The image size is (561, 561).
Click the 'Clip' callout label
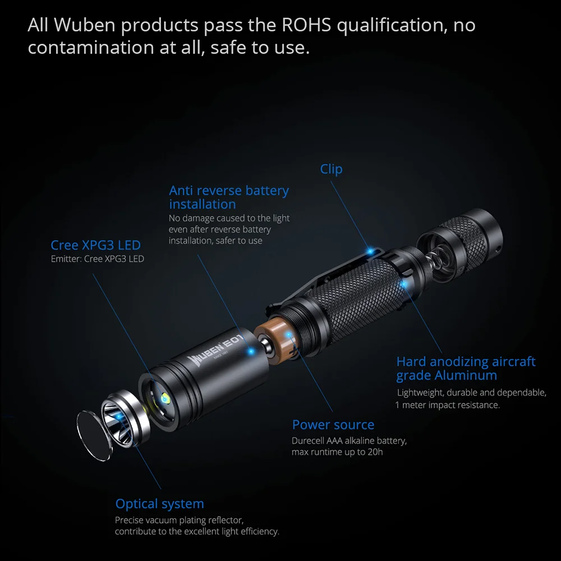click(331, 169)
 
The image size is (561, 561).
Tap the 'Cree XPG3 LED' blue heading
click(95, 245)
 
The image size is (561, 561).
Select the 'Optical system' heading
click(159, 504)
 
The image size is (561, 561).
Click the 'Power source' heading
click(333, 425)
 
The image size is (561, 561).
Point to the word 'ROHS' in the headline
click(306, 25)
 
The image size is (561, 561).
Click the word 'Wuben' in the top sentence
click(85, 25)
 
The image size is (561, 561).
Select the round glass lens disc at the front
click(94, 435)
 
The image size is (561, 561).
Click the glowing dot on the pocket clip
click(371, 251)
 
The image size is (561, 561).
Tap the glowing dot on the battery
click(288, 335)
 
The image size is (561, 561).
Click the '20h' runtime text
click(375, 452)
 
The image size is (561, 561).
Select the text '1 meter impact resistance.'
click(448, 405)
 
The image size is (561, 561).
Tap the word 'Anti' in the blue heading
click(181, 191)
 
